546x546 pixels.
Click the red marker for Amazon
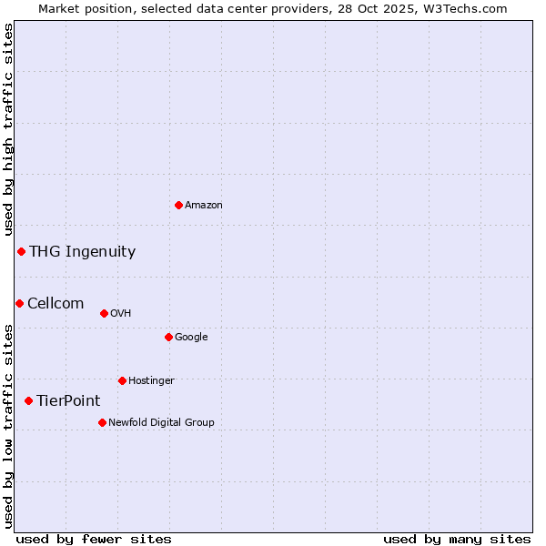click(178, 205)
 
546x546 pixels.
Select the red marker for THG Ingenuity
click(21, 251)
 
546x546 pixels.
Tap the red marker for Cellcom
click(19, 303)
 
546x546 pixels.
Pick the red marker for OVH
click(104, 313)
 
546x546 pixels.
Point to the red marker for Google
click(168, 337)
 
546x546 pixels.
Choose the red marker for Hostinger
click(122, 380)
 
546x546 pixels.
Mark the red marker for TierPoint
click(28, 400)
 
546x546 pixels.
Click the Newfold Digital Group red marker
click(102, 422)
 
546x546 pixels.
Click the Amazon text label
click(204, 206)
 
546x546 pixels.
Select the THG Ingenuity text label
click(82, 252)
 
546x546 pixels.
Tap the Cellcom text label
click(56, 304)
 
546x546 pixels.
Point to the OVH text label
click(121, 314)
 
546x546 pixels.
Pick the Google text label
click(191, 338)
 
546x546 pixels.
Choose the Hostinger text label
click(151, 380)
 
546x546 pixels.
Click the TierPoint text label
click(68, 401)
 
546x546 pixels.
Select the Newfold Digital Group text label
click(161, 422)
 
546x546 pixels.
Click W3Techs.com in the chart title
click(470, 8)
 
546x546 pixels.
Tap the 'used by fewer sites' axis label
click(94, 539)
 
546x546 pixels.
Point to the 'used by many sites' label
click(457, 539)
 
